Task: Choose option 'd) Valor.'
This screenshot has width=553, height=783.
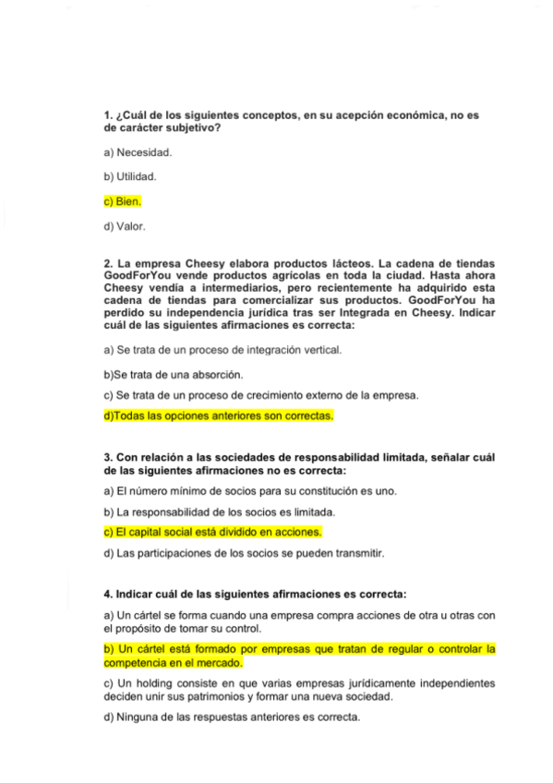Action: click(125, 224)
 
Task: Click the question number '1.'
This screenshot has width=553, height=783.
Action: click(108, 114)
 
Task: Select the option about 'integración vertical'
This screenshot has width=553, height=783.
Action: click(222, 350)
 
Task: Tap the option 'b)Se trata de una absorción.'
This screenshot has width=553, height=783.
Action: click(174, 375)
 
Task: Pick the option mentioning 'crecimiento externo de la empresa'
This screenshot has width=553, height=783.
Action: click(260, 395)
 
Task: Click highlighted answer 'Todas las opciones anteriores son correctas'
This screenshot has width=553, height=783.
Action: click(218, 416)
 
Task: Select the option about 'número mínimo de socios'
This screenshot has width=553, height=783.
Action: click(249, 491)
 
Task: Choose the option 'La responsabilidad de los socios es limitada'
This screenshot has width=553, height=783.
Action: click(220, 512)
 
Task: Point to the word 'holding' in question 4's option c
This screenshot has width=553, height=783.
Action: click(148, 683)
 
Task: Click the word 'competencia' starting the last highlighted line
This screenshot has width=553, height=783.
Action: click(137, 662)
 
